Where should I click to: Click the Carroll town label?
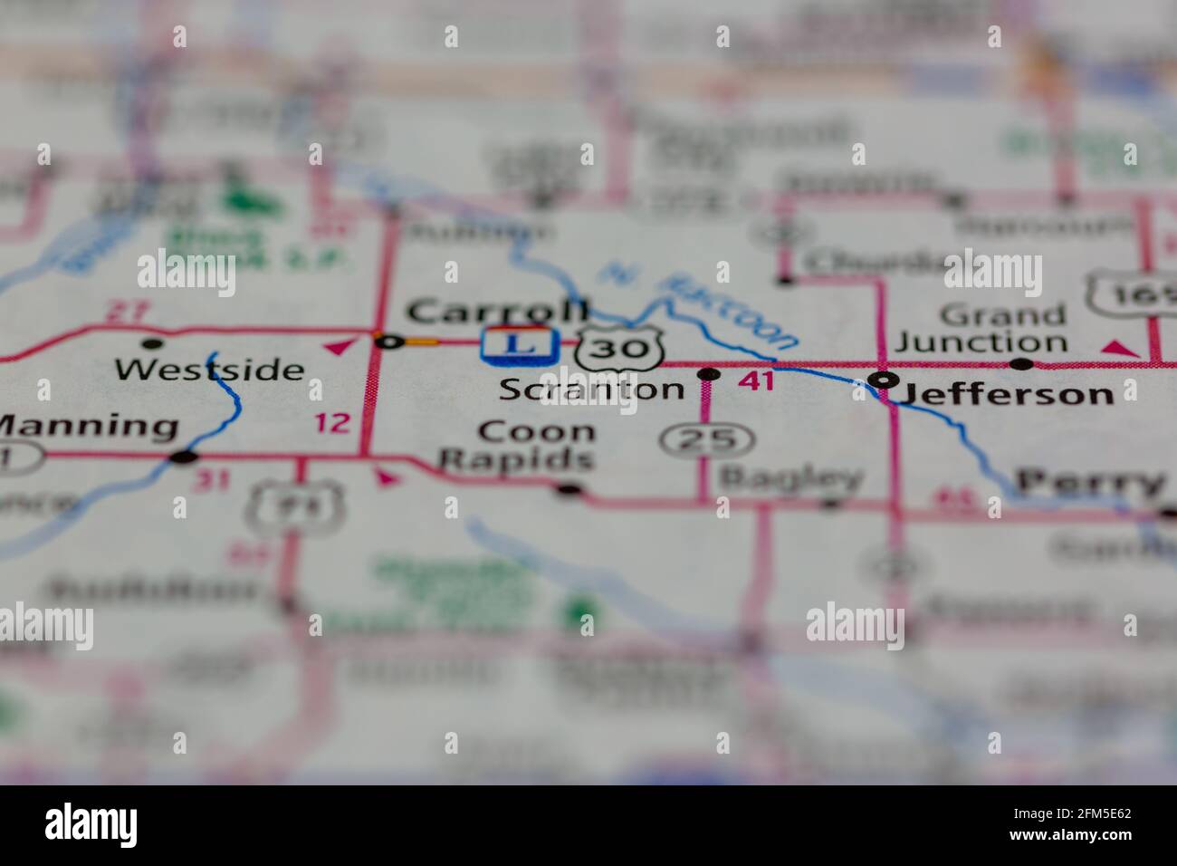pos(498,311)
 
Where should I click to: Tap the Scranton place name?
pos(591,390)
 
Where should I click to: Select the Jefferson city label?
pos(1005,393)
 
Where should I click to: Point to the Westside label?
pos(210,370)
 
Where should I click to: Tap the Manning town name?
pos(89,426)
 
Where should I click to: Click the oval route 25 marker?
pos(707,440)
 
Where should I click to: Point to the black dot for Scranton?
pos(708,374)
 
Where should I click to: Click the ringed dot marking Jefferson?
pos(884,379)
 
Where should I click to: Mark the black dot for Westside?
pos(152,343)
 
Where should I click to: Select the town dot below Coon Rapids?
pos(569,490)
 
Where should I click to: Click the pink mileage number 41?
pos(756,380)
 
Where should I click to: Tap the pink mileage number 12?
pos(333,422)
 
